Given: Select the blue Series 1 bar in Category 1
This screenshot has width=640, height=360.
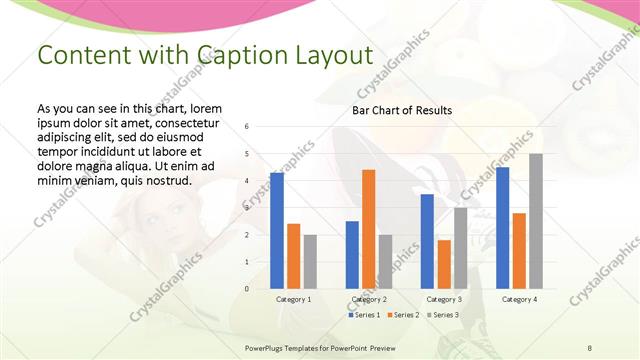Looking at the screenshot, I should coord(277,230).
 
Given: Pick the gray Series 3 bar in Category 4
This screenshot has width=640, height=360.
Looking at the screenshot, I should coord(536,221).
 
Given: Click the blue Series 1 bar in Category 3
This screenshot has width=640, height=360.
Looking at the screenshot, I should coord(427,241).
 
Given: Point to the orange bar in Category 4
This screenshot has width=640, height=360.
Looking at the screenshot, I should coord(519,250).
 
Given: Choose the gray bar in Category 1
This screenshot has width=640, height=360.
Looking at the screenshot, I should coord(310,261).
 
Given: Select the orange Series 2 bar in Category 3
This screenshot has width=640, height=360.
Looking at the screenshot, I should coord(444,264).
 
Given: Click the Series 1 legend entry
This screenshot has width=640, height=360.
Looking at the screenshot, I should coord(365,315).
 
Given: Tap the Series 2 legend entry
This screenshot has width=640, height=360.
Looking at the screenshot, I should coord(402,315).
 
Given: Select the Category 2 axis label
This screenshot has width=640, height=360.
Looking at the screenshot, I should coord(369,299).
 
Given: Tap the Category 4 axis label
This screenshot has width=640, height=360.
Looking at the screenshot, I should coord(519,299).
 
